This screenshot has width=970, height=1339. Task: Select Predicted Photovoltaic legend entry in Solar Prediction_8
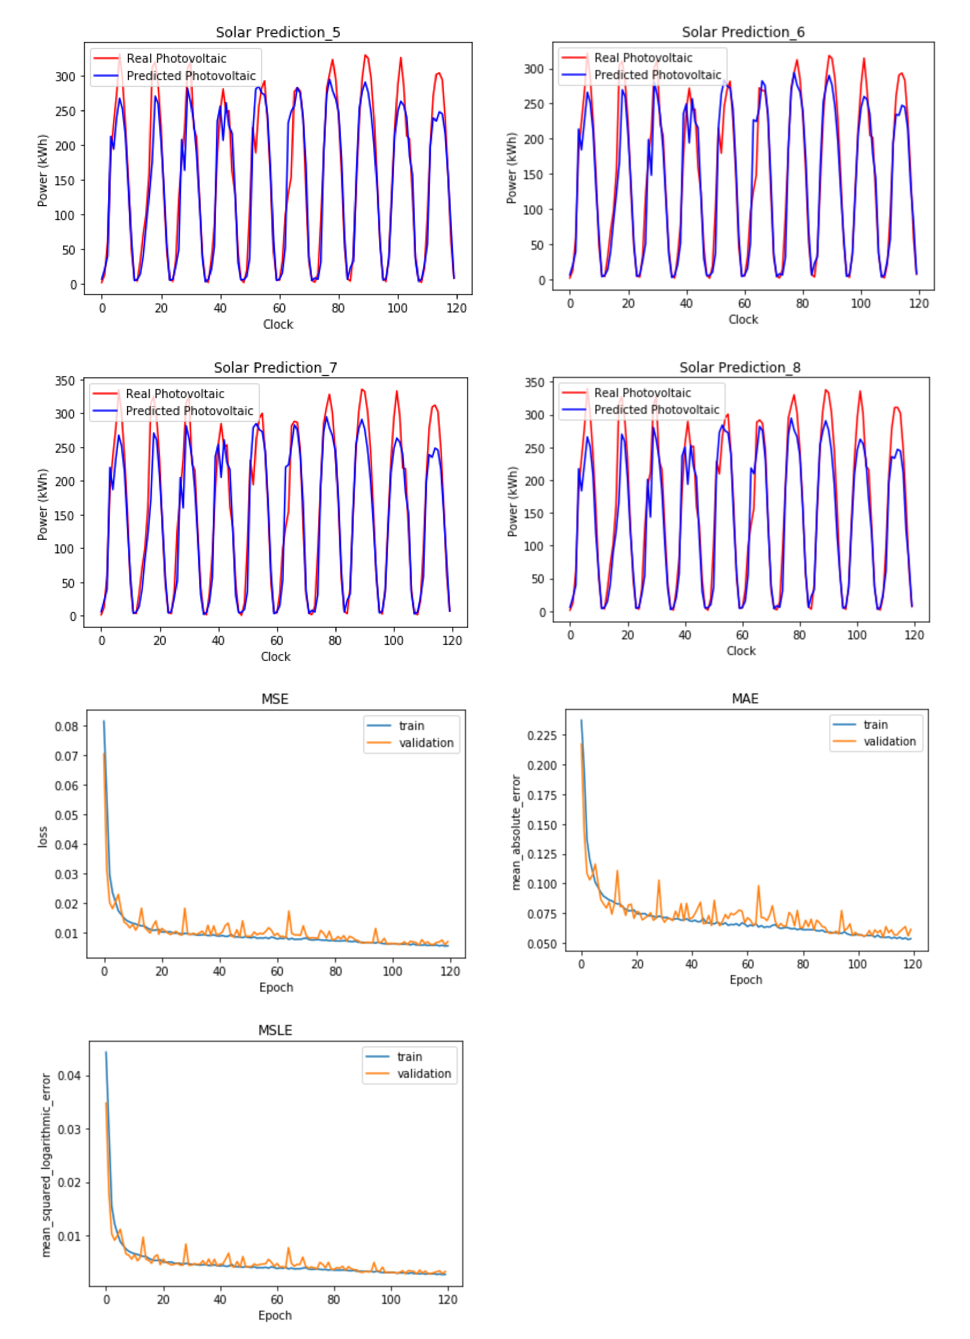coord(656,410)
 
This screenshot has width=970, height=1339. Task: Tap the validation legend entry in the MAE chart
coord(889,742)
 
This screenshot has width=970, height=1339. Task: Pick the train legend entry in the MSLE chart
coord(409,1057)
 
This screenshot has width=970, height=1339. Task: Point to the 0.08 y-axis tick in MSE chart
coord(66,726)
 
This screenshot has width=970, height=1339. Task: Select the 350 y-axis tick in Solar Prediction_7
coord(65,381)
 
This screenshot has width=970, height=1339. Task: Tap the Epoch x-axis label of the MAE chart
coord(745,980)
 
